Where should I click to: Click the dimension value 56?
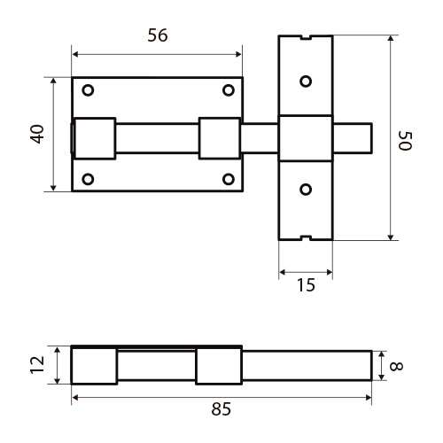pos(158,35)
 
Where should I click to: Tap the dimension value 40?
pos(38,135)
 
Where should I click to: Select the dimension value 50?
pos(405,141)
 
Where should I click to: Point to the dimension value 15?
pos(306,285)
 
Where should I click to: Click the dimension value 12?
pos(37,365)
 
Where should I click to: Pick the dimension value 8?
pos(396,366)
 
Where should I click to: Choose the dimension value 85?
pos(221,409)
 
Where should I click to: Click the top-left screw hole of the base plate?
pos(88,90)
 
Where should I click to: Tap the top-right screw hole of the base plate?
pos(229,90)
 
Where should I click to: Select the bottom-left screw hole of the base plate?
pos(88,179)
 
